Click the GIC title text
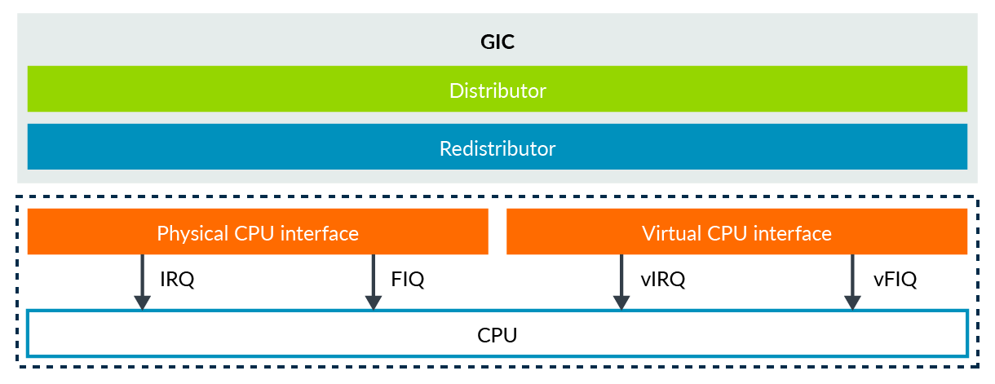click(497, 42)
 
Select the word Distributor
click(497, 90)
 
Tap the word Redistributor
click(497, 148)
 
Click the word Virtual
click(670, 234)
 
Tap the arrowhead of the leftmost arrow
click(142, 302)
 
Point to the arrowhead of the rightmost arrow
click(852, 302)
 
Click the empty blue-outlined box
click(497, 333)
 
